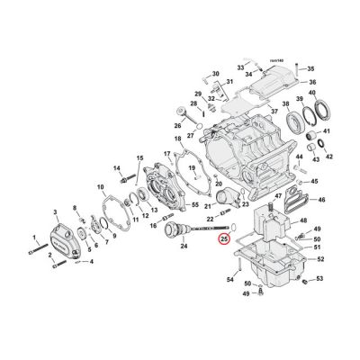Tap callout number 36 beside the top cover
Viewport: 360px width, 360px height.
click(312, 83)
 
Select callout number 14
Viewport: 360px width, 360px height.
click(117, 168)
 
